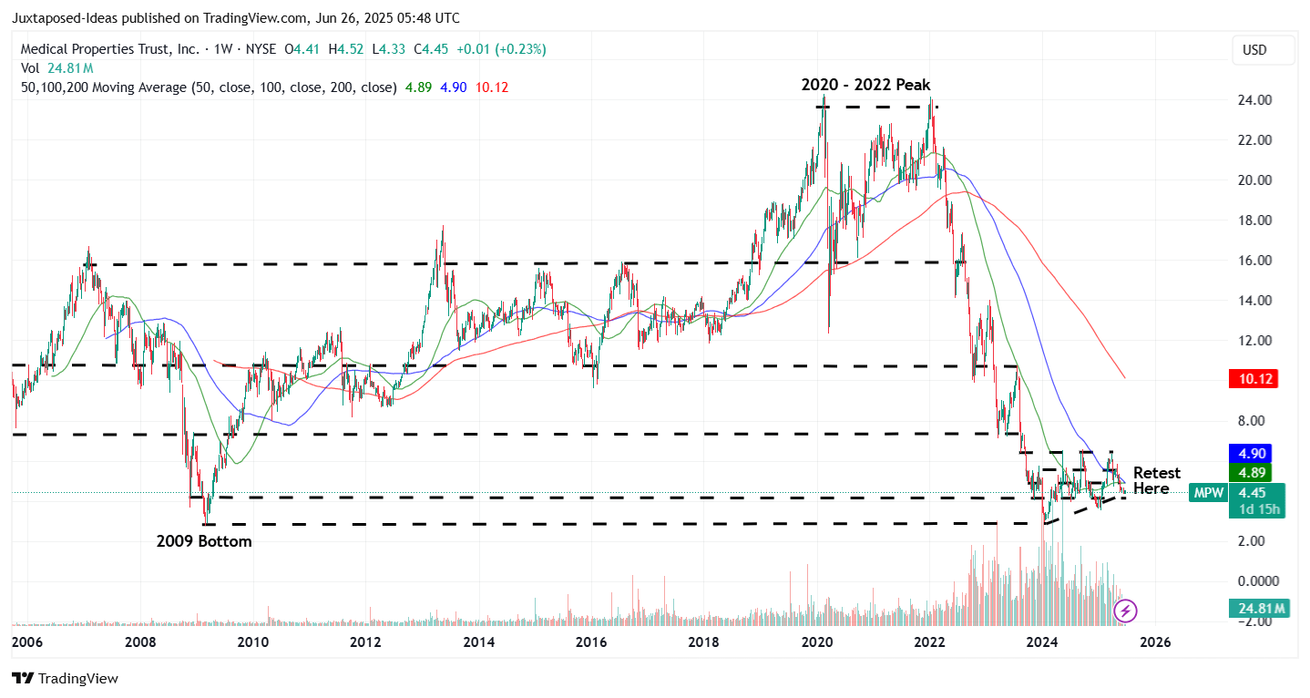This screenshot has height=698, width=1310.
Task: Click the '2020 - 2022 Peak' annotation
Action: point(865,85)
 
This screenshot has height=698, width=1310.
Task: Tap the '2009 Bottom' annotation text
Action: point(204,541)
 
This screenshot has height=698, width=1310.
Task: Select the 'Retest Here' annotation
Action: point(1156,480)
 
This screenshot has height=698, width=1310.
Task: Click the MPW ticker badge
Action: point(1207,493)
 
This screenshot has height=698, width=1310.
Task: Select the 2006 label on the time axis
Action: point(27,642)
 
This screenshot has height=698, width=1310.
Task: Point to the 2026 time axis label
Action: point(1155,642)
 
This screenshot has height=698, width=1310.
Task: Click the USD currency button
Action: point(1254,50)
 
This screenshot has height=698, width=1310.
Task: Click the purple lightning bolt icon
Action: point(1126,611)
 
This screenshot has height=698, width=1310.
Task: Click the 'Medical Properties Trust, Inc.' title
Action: point(109,49)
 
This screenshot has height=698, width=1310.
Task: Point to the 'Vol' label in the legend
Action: point(30,68)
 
